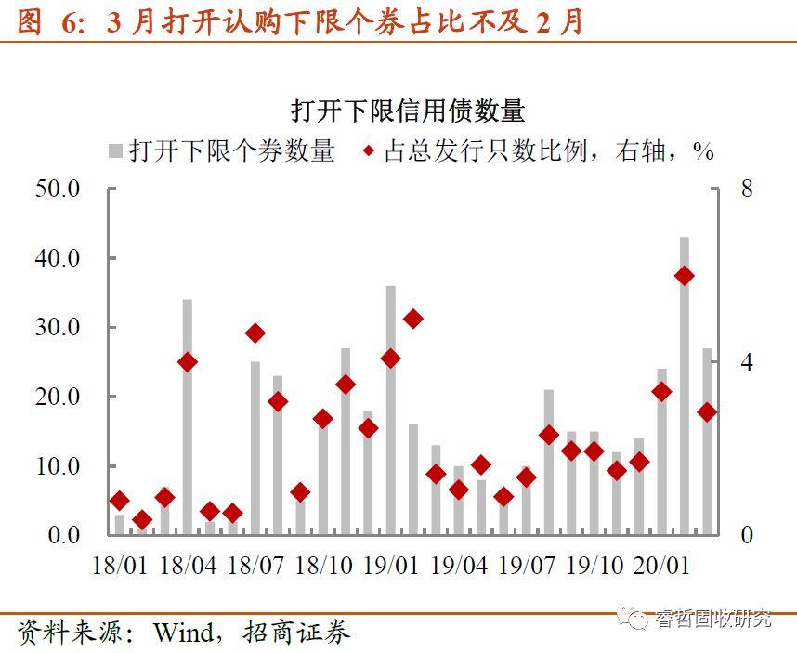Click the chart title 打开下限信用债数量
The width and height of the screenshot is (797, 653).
tap(408, 111)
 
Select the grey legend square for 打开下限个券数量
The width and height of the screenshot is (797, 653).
tap(117, 150)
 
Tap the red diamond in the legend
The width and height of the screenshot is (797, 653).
tap(370, 150)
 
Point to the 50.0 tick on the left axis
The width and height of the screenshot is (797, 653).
tap(58, 189)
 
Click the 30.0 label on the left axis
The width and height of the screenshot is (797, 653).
tap(58, 327)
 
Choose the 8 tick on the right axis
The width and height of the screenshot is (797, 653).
tap(746, 189)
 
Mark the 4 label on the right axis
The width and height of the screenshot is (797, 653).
tap(746, 362)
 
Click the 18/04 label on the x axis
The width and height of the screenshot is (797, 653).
tap(188, 565)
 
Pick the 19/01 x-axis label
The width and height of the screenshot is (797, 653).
tap(390, 565)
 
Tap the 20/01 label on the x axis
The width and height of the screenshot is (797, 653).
tap(662, 565)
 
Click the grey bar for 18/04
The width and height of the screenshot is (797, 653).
tap(188, 418)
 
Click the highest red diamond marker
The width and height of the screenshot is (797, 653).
tap(685, 276)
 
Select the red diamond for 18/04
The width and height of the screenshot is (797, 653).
tap(188, 362)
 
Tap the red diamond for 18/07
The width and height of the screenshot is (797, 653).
tap(255, 333)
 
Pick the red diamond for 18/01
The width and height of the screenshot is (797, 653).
tap(119, 502)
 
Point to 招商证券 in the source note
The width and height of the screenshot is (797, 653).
tap(296, 633)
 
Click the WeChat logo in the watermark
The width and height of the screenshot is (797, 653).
tap(637, 619)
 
